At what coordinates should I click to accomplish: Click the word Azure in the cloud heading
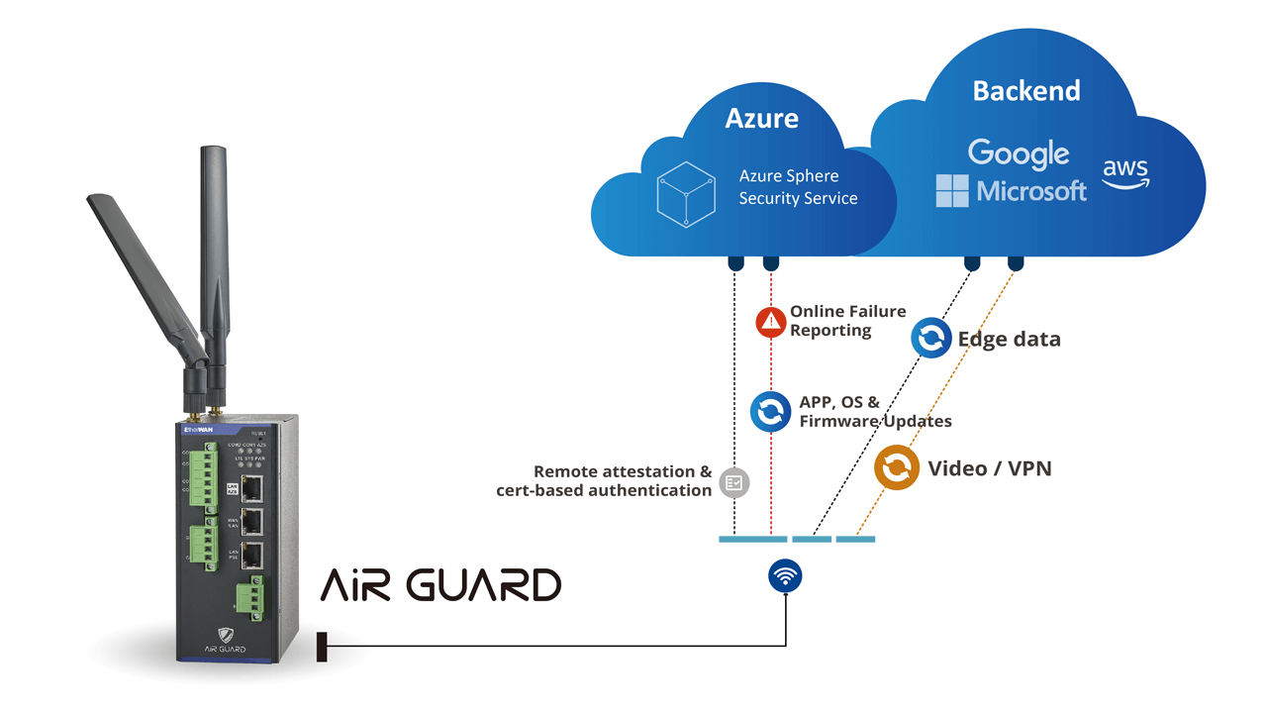pyautogui.click(x=761, y=119)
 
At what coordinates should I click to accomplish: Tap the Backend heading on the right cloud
pyautogui.click(x=1025, y=91)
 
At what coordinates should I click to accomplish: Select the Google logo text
pyautogui.click(x=1018, y=153)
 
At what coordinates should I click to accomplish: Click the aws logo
pyautogui.click(x=1125, y=173)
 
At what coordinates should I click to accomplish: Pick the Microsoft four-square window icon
pyautogui.click(x=952, y=190)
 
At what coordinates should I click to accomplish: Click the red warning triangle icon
pyautogui.click(x=770, y=322)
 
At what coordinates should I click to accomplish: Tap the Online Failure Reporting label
pyautogui.click(x=847, y=321)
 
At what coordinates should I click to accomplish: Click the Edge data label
pyautogui.click(x=1009, y=340)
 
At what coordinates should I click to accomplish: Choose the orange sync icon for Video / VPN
pyautogui.click(x=896, y=468)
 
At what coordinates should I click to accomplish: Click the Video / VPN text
pyautogui.click(x=989, y=468)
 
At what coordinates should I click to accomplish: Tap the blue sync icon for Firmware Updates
pyautogui.click(x=770, y=412)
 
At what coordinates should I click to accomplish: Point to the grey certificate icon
pyautogui.click(x=733, y=482)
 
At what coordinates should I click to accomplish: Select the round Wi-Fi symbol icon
pyautogui.click(x=785, y=576)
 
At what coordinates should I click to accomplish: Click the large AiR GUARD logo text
pyautogui.click(x=440, y=585)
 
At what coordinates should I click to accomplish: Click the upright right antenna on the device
pyautogui.click(x=215, y=257)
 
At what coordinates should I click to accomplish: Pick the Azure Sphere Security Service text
pyautogui.click(x=798, y=187)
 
